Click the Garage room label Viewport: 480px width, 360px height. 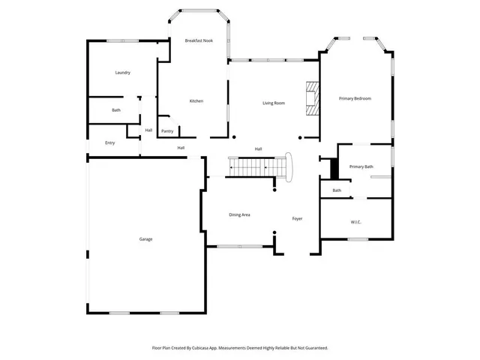pyautogui.click(x=145, y=239)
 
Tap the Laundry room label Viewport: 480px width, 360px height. pyautogui.click(x=123, y=73)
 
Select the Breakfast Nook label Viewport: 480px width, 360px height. pyautogui.click(x=199, y=40)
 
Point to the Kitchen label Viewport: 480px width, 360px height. pyautogui.click(x=196, y=101)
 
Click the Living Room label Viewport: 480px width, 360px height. pyautogui.click(x=273, y=103)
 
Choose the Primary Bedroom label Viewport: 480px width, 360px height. pyautogui.click(x=355, y=98)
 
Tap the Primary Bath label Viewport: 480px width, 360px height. pyautogui.click(x=361, y=166)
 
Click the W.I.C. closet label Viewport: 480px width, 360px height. pyautogui.click(x=355, y=222)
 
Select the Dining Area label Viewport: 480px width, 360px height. pyautogui.click(x=239, y=215)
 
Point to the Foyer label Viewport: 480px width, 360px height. pyautogui.click(x=297, y=219)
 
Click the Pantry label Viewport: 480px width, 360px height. pyautogui.click(x=167, y=131)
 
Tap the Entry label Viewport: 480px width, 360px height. pyautogui.click(x=109, y=142)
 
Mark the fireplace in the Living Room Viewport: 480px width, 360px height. pyautogui.click(x=311, y=97)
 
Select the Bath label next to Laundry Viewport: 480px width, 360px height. pyautogui.click(x=116, y=110)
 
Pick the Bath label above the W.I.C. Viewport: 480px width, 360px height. pyautogui.click(x=337, y=190)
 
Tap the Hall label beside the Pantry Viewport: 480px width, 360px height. pyautogui.click(x=148, y=130)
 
